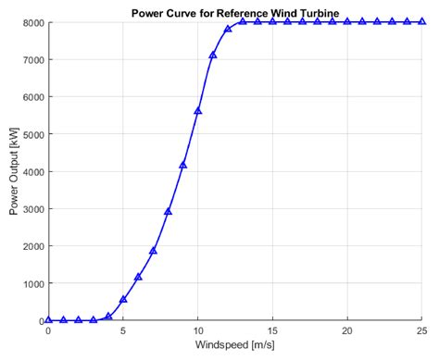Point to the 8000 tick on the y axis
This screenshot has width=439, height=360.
(29, 22)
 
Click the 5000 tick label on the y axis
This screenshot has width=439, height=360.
(29, 134)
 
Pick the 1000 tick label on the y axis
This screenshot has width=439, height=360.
(29, 283)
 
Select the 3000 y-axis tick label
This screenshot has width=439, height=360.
(29, 209)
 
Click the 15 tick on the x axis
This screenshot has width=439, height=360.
(272, 330)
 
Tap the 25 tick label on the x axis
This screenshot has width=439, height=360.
(421, 330)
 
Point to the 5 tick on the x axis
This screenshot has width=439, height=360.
(123, 330)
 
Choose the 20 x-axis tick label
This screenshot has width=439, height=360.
(347, 330)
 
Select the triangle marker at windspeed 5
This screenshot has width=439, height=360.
(123, 299)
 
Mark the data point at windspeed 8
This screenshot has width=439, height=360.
(168, 211)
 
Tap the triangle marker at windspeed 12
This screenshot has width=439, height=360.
(228, 29)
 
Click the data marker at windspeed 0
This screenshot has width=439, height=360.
(48, 319)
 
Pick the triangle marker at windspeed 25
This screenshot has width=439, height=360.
(421, 20)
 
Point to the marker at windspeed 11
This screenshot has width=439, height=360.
(213, 55)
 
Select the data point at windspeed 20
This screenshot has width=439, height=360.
(347, 20)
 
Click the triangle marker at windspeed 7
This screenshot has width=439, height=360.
(153, 250)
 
